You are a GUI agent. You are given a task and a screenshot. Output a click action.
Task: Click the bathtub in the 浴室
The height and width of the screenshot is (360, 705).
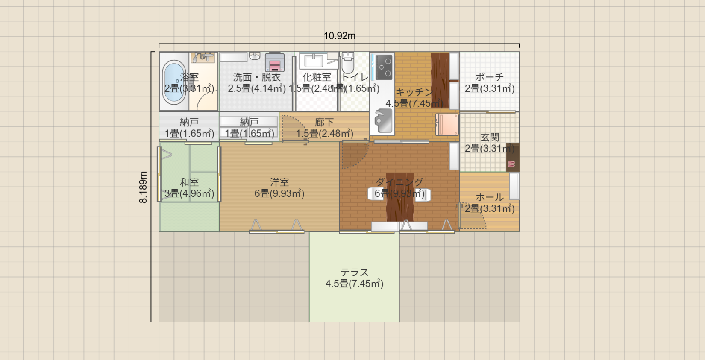coord(174,82)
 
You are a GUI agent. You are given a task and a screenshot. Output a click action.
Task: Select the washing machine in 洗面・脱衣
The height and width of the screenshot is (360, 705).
coord(275,62)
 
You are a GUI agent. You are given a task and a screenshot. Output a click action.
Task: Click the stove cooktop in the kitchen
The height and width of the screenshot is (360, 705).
coord(382,67)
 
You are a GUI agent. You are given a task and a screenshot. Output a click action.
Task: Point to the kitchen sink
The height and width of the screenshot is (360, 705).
coord(383,121)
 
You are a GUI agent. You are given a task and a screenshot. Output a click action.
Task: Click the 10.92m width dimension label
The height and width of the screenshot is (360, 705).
coord(339,36)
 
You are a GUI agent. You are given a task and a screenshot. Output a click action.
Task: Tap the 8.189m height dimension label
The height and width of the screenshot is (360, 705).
coord(143,187)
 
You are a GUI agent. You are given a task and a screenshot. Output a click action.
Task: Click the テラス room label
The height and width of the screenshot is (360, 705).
coord(354,272)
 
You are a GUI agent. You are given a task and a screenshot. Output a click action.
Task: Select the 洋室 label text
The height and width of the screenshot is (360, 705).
coord(279,182)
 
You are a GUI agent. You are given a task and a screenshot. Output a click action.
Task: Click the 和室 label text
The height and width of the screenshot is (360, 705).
coord(189,182)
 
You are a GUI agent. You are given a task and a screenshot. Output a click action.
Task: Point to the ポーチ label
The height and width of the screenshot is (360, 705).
coord(490,77)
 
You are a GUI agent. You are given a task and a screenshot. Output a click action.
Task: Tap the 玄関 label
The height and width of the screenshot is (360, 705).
coord(490,137)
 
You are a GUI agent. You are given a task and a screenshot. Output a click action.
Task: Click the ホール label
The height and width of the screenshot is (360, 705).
coord(490,197)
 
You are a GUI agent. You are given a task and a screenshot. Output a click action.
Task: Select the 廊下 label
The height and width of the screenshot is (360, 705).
coord(324,123)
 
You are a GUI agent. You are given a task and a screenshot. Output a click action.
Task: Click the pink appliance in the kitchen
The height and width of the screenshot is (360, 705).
coord(447,124)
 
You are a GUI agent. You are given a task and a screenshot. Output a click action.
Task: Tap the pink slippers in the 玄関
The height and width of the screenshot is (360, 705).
coord(511,164)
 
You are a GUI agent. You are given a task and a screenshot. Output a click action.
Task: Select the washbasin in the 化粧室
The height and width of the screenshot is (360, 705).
coord(314,61)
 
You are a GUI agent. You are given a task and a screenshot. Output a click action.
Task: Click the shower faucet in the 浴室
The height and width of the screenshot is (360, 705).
coord(203,57)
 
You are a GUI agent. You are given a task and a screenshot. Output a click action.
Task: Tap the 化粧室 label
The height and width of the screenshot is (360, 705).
coord(317,77)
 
